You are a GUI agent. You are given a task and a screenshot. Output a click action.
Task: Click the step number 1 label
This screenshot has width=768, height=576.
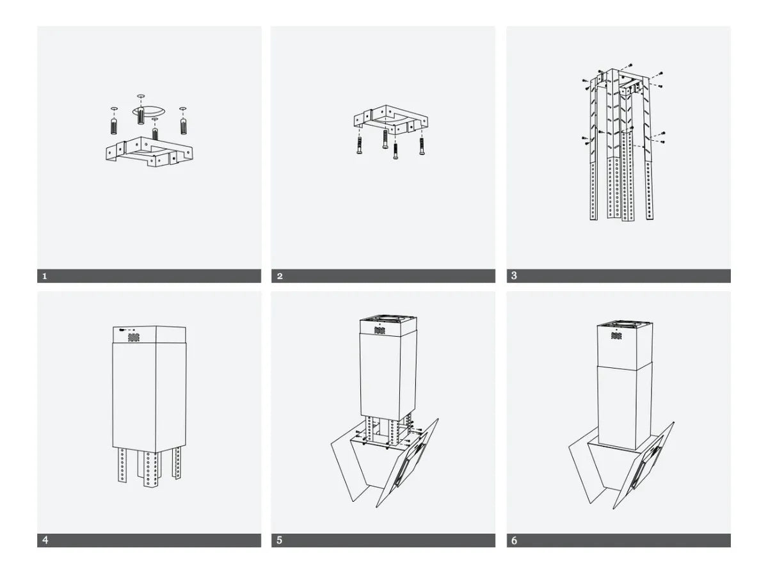44,276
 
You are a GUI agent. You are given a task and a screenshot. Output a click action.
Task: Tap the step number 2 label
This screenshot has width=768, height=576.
280,276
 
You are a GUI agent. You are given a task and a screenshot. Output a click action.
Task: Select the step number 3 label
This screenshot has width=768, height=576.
514,276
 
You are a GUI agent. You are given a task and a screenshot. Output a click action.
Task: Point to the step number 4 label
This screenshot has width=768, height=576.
44,540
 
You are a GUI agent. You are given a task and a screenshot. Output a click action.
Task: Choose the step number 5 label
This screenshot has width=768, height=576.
280,540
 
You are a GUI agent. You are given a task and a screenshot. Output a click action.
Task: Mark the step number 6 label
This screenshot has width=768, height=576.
514,540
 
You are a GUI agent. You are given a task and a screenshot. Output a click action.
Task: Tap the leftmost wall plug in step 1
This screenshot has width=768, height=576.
114,125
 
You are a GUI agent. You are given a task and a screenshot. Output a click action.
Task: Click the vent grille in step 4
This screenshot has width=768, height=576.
134,336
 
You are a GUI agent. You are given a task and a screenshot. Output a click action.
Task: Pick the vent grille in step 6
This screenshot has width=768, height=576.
616,335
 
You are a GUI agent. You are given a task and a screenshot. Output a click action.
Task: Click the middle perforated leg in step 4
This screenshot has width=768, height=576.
151,469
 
